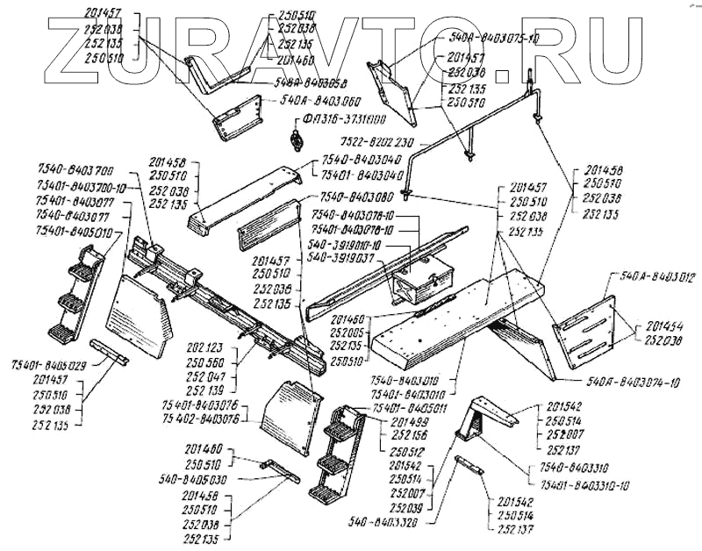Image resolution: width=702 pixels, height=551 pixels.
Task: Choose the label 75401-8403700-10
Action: pos(83,187)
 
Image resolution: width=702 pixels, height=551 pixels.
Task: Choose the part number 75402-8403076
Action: pos(200,419)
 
